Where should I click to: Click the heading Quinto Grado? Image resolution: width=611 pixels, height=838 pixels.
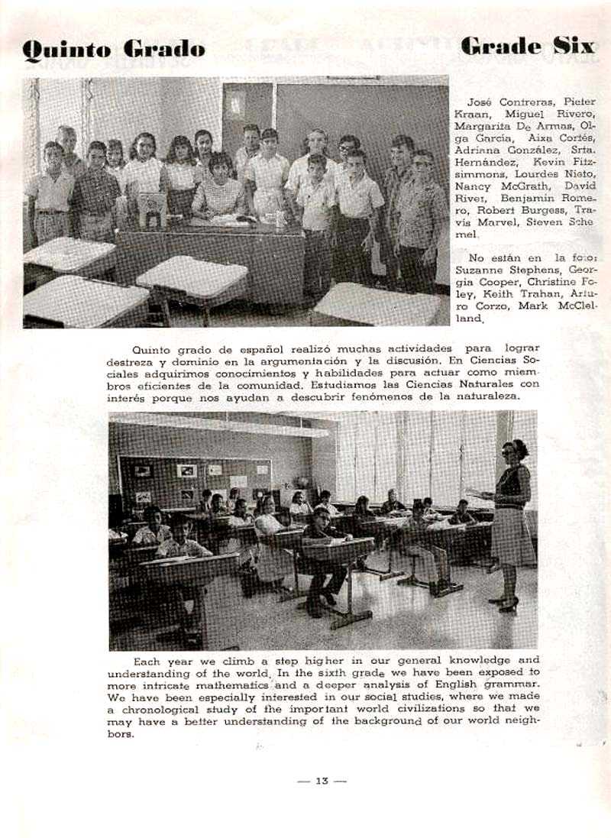point(113,50)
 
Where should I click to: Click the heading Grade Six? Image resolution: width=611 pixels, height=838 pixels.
point(527,46)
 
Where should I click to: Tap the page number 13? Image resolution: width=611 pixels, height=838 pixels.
point(322,781)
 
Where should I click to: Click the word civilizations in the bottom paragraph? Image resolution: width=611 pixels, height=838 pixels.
point(386,709)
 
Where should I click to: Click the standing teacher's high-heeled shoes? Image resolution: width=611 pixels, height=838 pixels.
point(506,603)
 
